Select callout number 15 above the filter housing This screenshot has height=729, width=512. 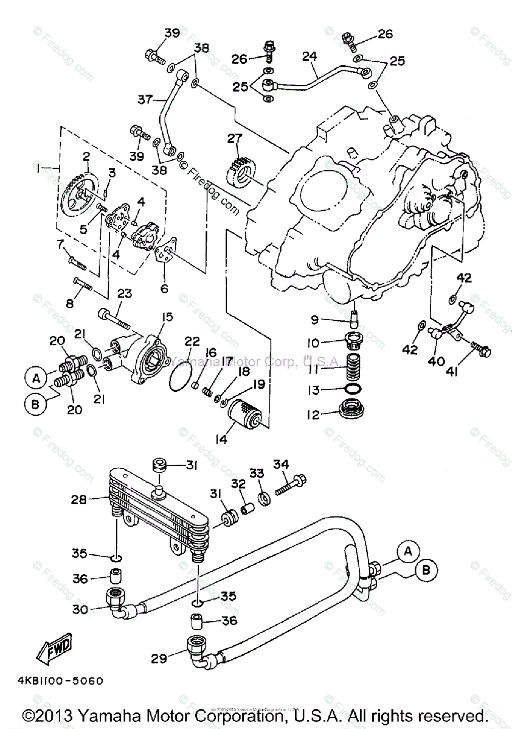(167, 317)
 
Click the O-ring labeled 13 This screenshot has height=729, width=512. (353, 389)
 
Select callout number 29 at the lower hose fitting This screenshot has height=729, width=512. (159, 658)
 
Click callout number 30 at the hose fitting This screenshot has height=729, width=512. (80, 609)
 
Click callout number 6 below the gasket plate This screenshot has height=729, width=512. (164, 289)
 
